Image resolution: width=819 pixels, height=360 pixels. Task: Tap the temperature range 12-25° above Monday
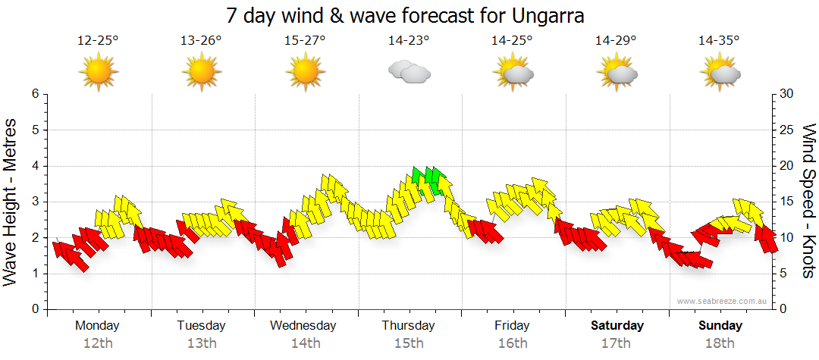click(98, 40)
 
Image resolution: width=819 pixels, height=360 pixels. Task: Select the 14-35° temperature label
click(719, 40)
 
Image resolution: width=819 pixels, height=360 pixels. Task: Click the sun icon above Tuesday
click(202, 73)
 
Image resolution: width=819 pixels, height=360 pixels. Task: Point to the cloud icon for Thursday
click(409, 73)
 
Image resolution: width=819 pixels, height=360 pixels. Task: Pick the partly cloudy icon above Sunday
click(720, 73)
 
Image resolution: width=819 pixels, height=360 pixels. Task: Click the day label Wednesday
click(303, 325)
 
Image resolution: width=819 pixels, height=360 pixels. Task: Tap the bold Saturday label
click(617, 325)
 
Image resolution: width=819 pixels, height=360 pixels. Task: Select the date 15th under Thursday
click(409, 343)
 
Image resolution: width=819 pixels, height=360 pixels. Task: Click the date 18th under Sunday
click(720, 343)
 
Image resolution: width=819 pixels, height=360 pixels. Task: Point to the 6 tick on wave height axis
click(34, 94)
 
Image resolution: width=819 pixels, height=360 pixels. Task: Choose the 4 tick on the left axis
click(34, 166)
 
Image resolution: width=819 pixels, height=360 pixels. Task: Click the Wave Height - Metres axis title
click(11, 202)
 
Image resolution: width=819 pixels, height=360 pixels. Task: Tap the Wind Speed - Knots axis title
click(807, 202)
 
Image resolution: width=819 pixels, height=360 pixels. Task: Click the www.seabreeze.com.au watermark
click(723, 301)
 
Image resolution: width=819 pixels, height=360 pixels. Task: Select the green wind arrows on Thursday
click(426, 178)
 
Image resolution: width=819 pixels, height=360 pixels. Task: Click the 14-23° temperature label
click(409, 40)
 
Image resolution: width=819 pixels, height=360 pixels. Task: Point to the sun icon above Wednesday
click(305, 73)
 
